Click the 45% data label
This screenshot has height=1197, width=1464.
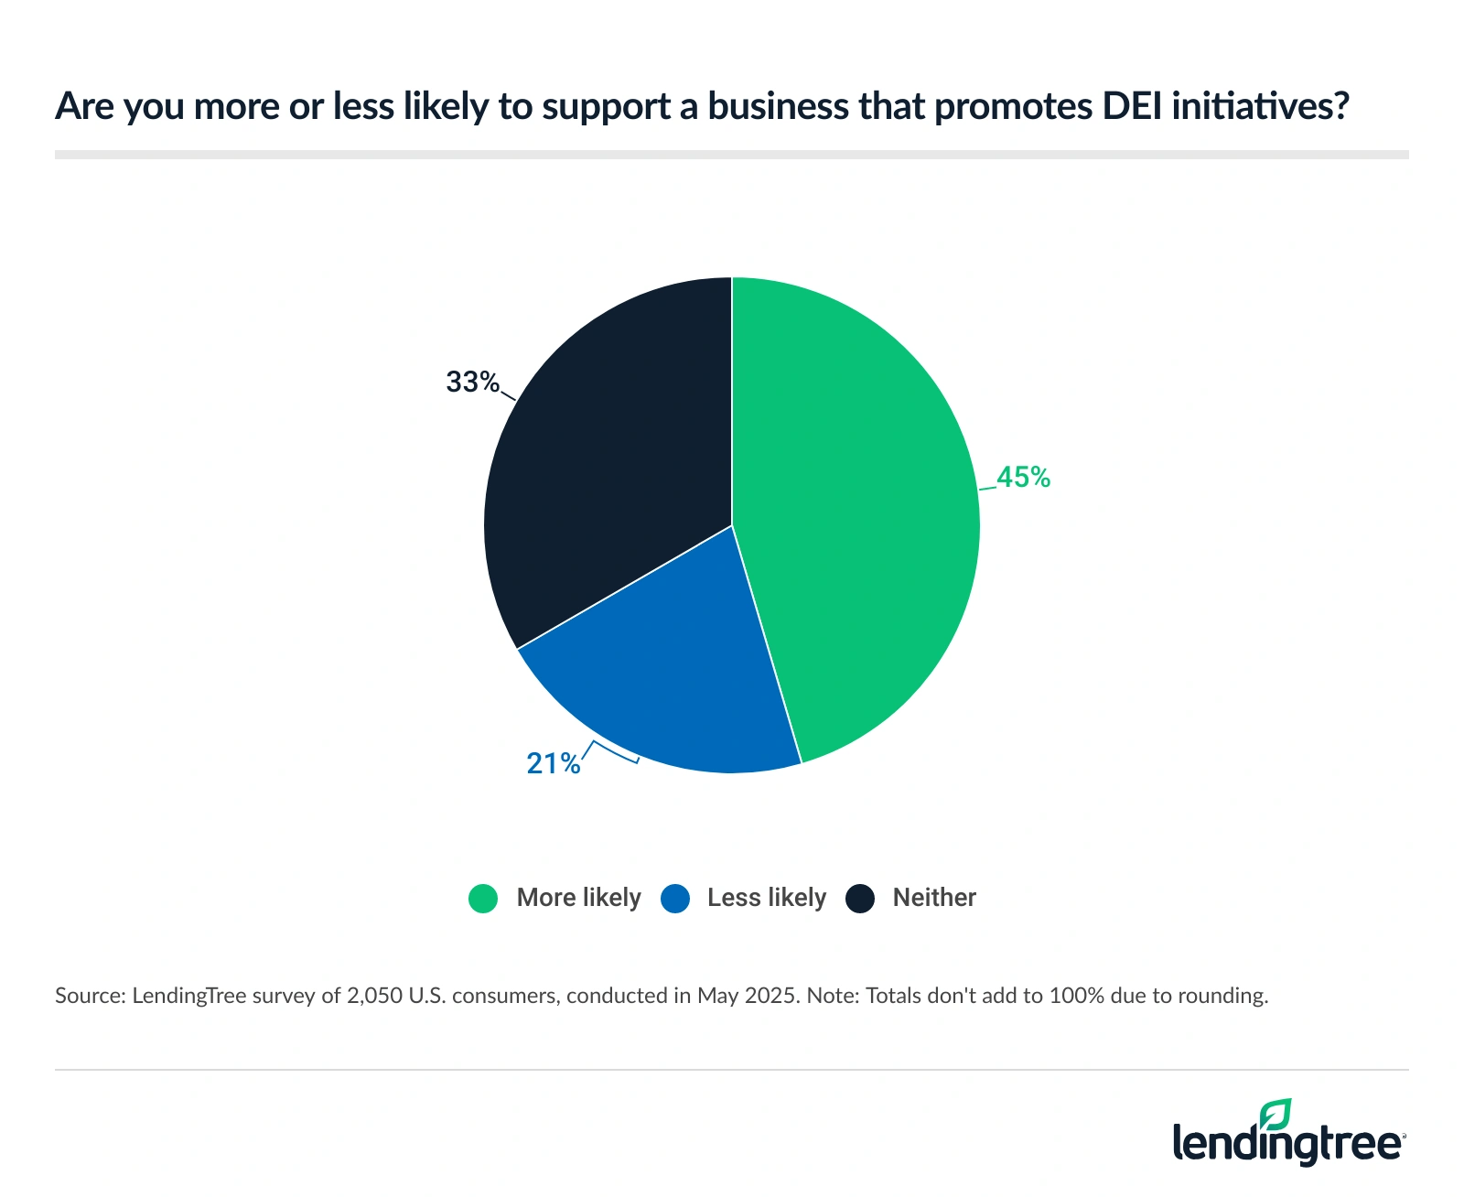coord(1024,477)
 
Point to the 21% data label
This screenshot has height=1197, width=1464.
coord(553,763)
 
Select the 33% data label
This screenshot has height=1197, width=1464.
coord(472,382)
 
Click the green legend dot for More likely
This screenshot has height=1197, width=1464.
coord(483,899)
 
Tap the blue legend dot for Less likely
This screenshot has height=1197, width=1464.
coord(675,899)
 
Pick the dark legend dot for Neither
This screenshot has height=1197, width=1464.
coord(860,899)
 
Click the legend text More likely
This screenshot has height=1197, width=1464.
coord(578,898)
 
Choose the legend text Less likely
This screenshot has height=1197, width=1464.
coord(767,898)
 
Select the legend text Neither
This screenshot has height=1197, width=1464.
coord(934,898)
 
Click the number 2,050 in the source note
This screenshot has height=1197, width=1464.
coord(374,996)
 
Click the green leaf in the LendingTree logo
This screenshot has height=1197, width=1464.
coord(1275,1115)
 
